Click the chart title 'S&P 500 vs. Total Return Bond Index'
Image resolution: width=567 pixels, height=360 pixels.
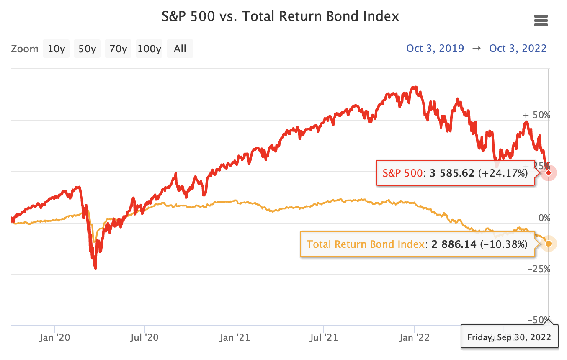coord(280,17)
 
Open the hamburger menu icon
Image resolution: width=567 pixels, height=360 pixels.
coord(541,20)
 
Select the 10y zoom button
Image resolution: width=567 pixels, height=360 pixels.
coord(56,49)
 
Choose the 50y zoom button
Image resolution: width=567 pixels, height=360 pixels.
coord(87,49)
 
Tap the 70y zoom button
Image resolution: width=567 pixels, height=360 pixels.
coord(118,49)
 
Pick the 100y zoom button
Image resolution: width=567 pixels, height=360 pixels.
coord(149,49)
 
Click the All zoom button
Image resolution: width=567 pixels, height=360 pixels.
coord(180,49)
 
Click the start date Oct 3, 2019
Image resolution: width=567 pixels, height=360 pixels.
coord(435,49)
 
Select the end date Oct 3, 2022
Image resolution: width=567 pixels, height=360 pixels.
coord(518,49)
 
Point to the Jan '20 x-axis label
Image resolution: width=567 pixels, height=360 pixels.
coord(55,338)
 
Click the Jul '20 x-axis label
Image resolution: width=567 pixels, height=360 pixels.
coord(144,338)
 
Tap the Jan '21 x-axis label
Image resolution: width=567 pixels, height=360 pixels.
coord(235,338)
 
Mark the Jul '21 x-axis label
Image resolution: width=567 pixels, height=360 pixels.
coord(324,338)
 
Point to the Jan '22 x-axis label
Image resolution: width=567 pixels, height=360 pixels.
coord(414,338)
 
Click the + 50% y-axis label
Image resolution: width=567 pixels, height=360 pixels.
coord(536,115)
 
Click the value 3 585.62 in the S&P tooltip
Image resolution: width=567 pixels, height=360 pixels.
coord(452,173)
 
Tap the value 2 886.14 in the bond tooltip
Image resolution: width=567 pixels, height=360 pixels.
coord(451,244)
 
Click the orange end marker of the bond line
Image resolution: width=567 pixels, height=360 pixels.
coord(549,244)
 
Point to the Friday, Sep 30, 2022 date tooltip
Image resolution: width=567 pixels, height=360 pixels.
coord(509,337)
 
